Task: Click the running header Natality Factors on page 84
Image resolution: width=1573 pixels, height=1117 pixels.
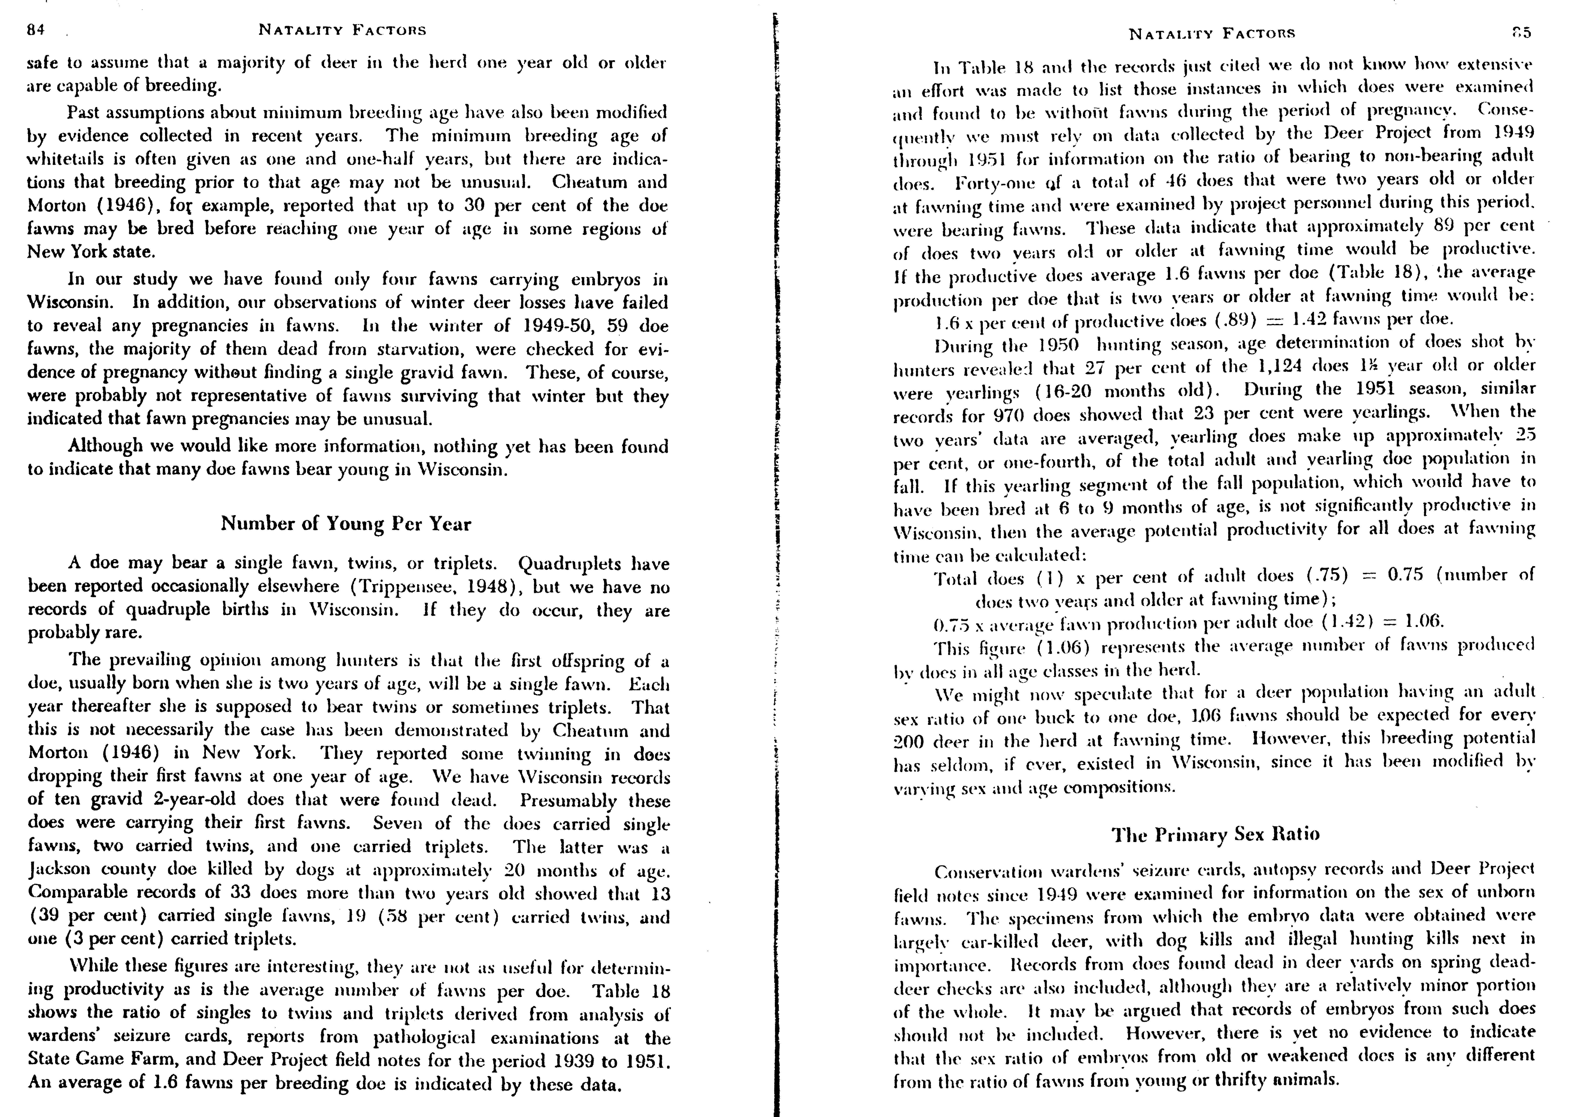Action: click(x=342, y=30)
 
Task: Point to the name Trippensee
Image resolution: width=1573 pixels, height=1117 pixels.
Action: click(x=405, y=587)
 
